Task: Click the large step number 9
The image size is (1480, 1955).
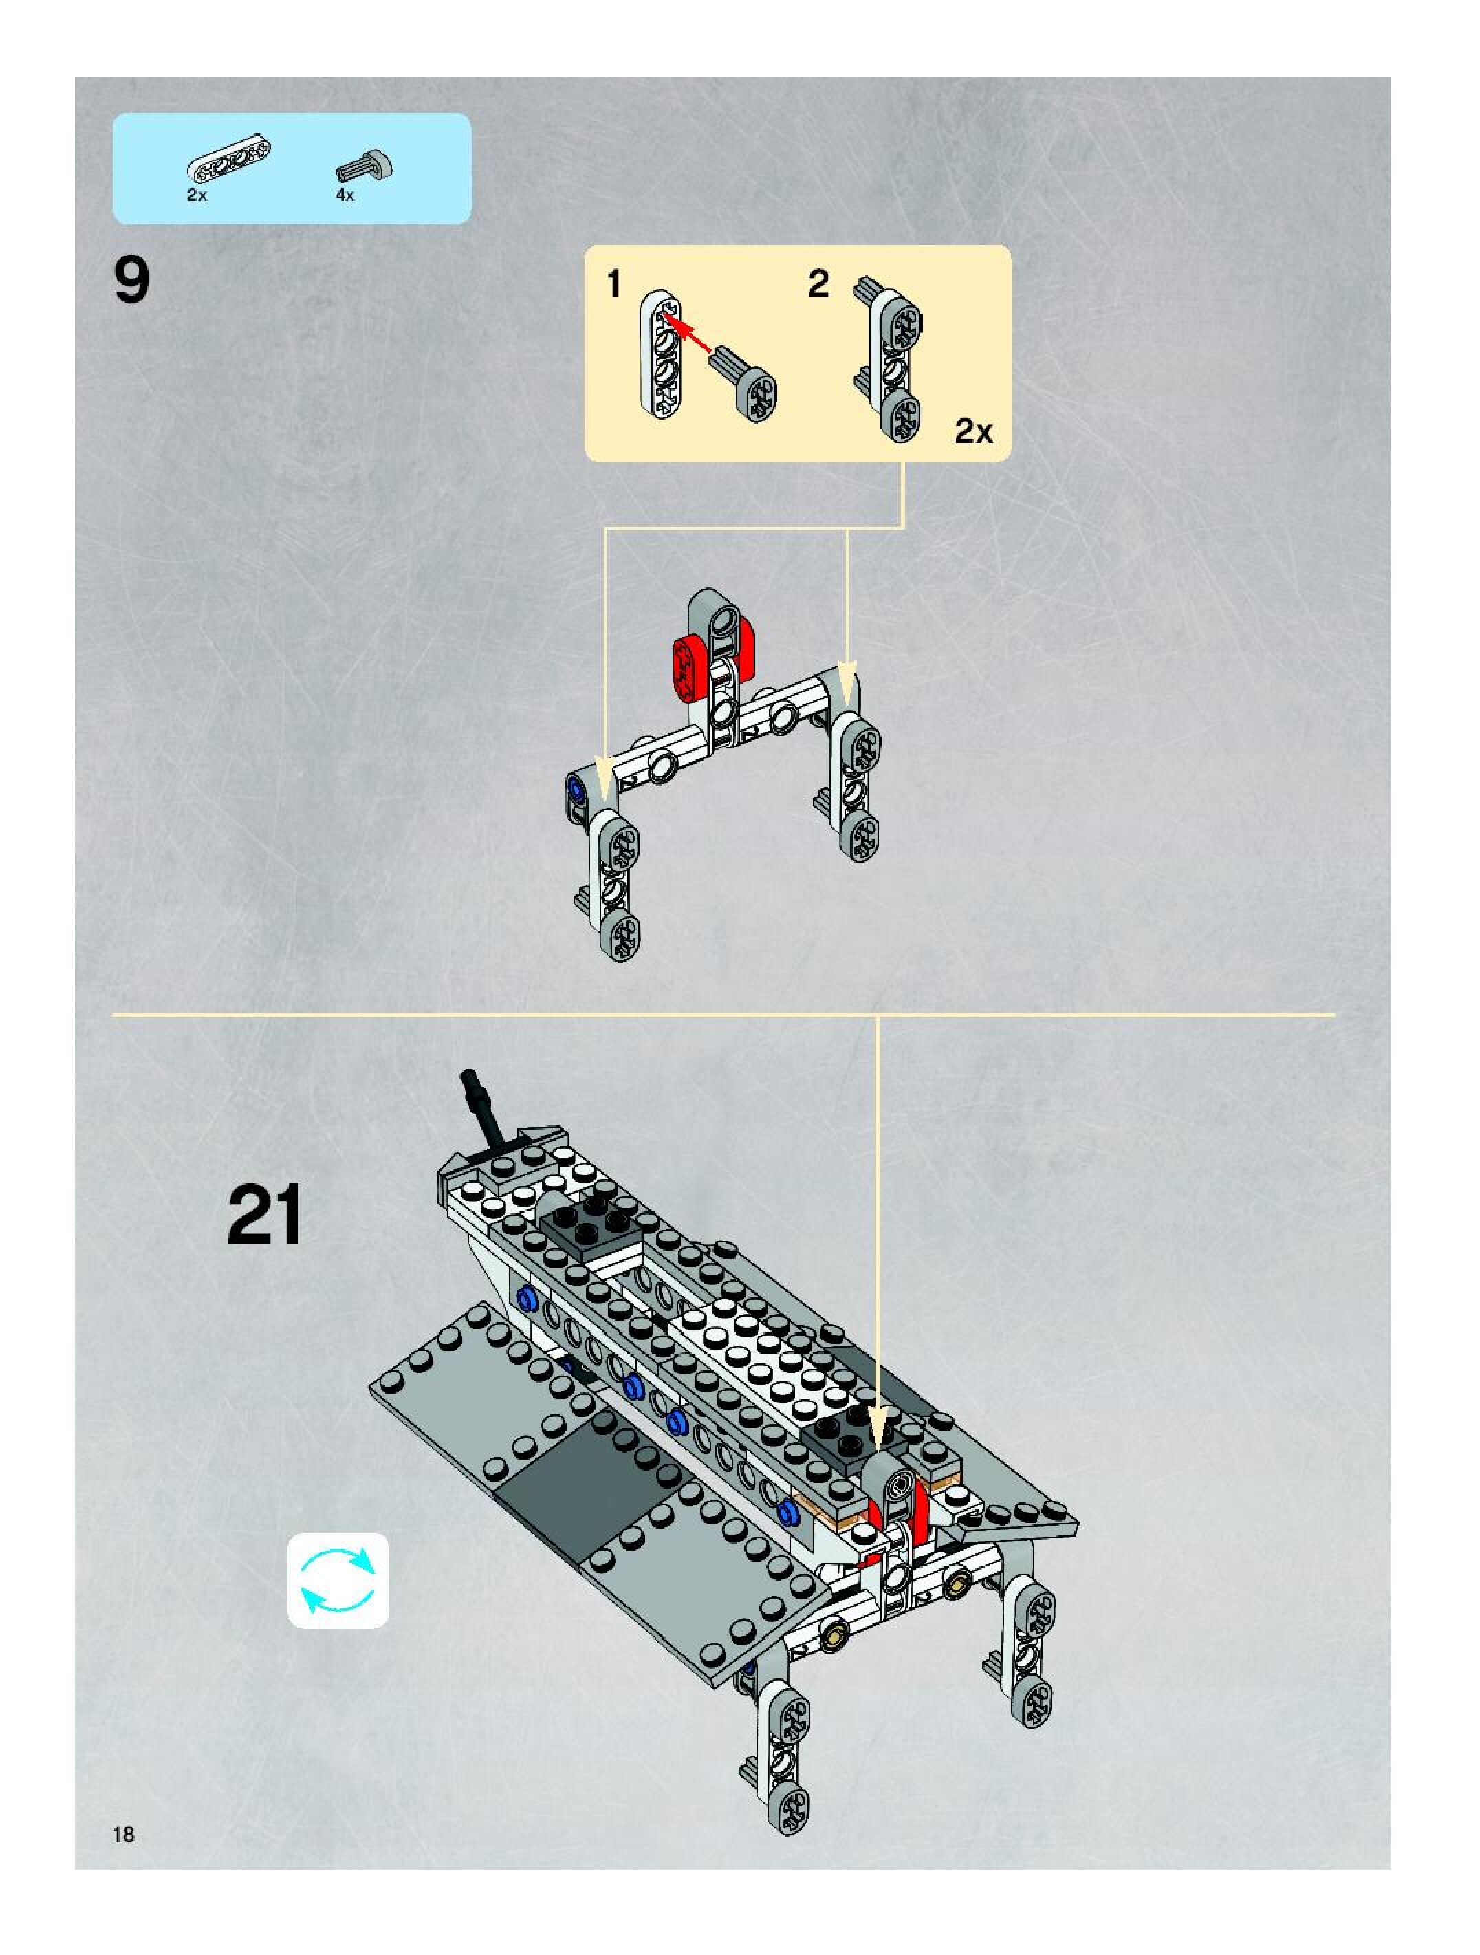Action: [x=131, y=281]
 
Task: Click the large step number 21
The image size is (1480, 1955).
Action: [x=264, y=1216]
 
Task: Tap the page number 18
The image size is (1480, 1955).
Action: [x=124, y=1835]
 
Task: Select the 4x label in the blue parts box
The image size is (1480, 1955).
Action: [x=345, y=195]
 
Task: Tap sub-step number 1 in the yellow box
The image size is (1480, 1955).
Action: [x=614, y=285]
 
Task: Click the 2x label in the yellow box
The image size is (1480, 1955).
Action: [x=974, y=432]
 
